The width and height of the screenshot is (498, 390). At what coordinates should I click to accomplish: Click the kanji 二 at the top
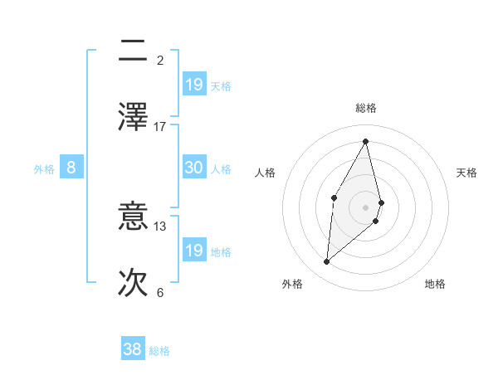[133, 51]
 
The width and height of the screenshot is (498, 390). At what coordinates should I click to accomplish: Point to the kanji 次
[133, 281]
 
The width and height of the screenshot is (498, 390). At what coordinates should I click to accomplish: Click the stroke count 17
[160, 126]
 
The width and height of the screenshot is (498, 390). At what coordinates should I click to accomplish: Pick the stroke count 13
[160, 226]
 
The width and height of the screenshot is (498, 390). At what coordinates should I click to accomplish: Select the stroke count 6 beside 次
[160, 292]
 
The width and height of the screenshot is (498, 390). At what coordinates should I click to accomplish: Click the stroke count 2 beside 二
[160, 60]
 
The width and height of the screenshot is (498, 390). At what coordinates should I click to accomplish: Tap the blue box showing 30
[193, 168]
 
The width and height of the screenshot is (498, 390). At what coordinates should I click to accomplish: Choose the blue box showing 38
[133, 349]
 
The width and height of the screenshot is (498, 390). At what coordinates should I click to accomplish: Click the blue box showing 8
[71, 168]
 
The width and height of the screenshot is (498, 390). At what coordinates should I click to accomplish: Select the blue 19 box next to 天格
[193, 85]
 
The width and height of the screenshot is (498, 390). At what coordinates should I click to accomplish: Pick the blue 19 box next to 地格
[193, 251]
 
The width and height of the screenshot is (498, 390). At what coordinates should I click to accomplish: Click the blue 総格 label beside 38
[160, 351]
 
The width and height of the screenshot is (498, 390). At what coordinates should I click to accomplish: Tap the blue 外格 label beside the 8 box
[44, 169]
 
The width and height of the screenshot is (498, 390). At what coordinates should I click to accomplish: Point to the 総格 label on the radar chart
[366, 108]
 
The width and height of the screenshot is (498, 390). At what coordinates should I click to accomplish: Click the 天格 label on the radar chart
[467, 173]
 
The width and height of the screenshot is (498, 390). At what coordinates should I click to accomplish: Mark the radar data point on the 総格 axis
[366, 141]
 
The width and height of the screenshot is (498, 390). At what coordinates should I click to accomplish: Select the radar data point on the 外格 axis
[327, 262]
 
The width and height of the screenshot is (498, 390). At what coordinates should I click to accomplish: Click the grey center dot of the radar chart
[366, 207]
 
